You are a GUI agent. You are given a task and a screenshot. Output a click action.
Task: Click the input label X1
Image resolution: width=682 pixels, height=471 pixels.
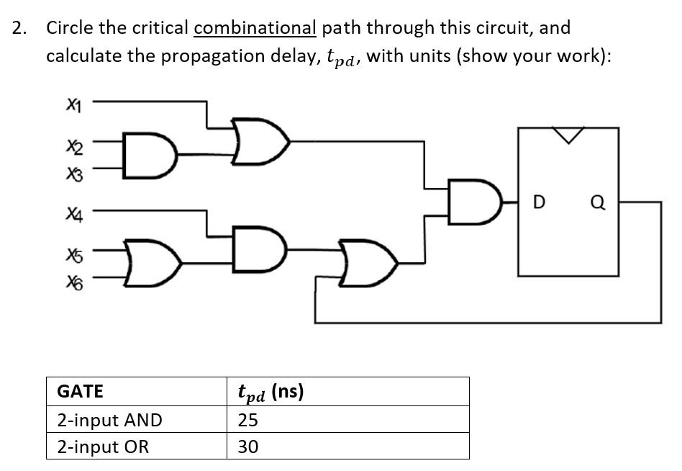click(x=73, y=106)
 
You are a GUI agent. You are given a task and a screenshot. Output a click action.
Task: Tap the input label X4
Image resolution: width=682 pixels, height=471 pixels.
click(x=73, y=213)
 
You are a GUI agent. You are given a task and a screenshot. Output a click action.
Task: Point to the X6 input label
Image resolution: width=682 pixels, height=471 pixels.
click(x=73, y=284)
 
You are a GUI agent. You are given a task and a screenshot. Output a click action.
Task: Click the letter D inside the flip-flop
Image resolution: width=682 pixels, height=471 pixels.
click(x=537, y=203)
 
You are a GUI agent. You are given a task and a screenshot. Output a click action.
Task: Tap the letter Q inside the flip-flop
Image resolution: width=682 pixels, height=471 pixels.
click(x=597, y=203)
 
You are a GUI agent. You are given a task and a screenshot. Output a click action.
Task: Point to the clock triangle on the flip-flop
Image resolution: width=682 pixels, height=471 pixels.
click(x=568, y=135)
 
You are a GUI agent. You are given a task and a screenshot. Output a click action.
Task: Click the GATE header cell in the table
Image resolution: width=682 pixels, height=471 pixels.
click(x=80, y=391)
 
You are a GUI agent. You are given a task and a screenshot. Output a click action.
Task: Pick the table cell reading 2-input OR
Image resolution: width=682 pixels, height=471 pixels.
click(x=103, y=447)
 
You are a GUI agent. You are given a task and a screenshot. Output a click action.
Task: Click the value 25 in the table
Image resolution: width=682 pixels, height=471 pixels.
click(x=247, y=420)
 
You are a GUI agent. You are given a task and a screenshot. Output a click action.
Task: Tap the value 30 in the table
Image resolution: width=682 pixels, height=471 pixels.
click(x=247, y=447)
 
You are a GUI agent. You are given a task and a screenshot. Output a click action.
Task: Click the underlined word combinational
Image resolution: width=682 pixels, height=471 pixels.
click(x=255, y=28)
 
